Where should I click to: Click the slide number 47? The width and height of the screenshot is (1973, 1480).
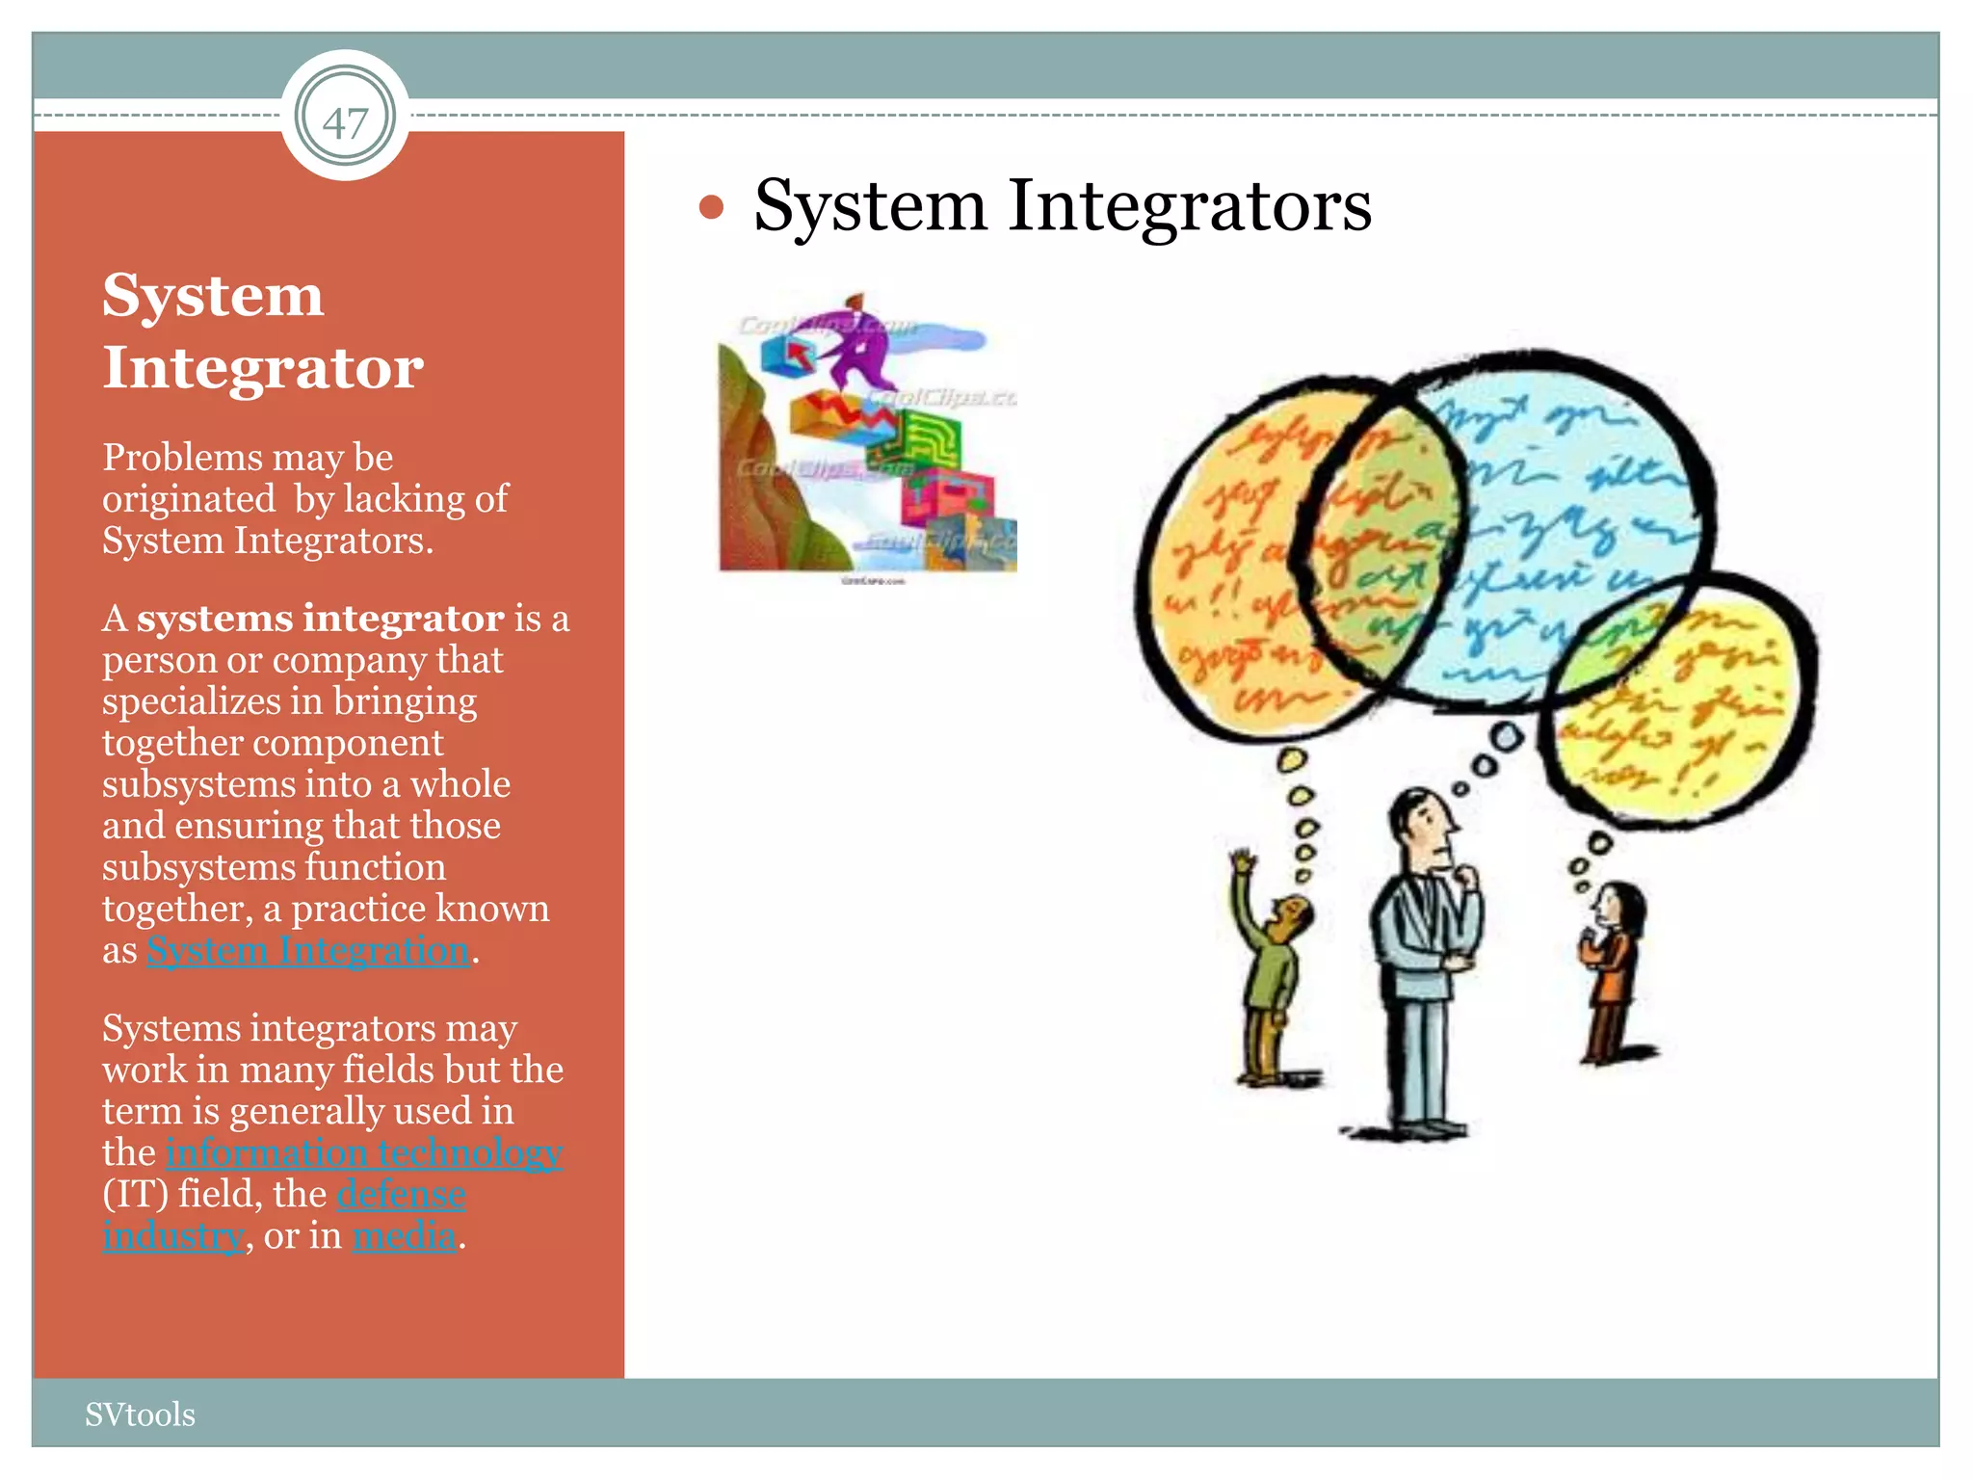pos(345,122)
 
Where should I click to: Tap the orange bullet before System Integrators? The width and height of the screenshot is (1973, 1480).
pos(711,207)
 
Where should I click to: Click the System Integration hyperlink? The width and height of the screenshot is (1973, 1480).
pos(308,951)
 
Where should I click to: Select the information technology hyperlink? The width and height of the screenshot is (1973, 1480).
pos(363,1153)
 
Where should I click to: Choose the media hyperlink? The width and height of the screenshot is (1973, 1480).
pos(405,1236)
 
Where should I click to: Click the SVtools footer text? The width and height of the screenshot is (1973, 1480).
pos(140,1414)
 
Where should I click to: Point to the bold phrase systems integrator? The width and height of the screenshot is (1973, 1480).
pos(320,619)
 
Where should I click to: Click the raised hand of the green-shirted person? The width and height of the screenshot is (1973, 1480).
pos(1244,860)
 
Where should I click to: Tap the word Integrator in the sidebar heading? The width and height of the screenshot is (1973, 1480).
pos(263,368)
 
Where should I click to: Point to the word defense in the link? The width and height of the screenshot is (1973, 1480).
pos(402,1195)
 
